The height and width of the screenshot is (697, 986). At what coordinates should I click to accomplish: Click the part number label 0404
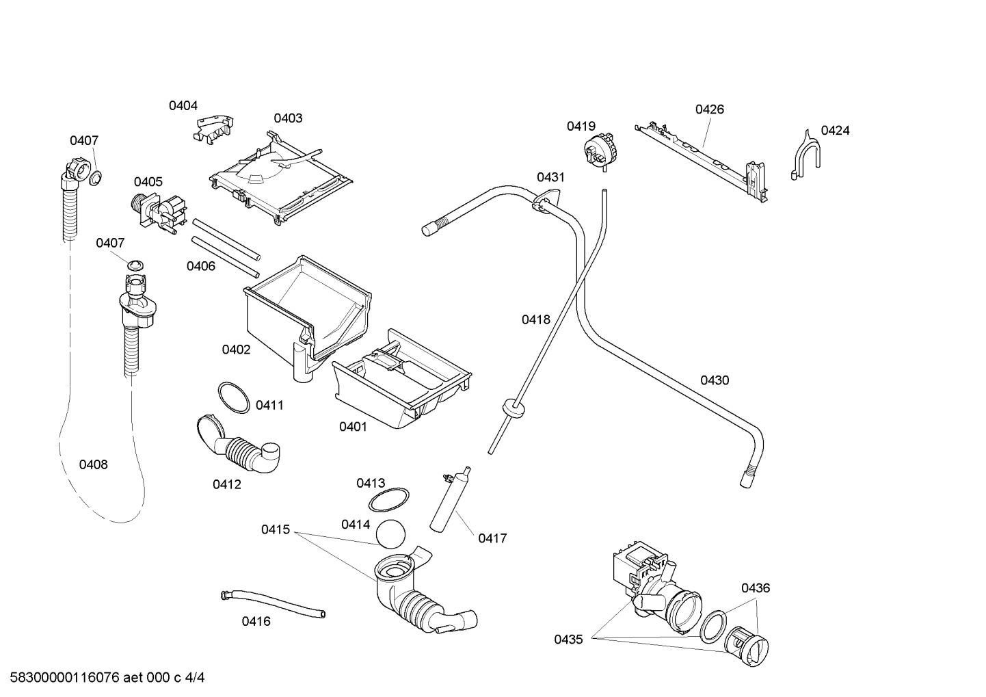click(183, 105)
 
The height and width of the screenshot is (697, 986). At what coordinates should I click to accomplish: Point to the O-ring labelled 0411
click(234, 398)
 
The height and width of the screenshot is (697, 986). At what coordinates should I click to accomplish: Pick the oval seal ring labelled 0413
click(389, 500)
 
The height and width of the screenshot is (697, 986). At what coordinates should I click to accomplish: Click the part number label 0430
click(714, 380)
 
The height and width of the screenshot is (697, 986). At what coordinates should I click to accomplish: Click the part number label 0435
click(568, 640)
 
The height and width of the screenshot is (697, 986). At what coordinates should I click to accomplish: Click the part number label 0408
click(93, 464)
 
